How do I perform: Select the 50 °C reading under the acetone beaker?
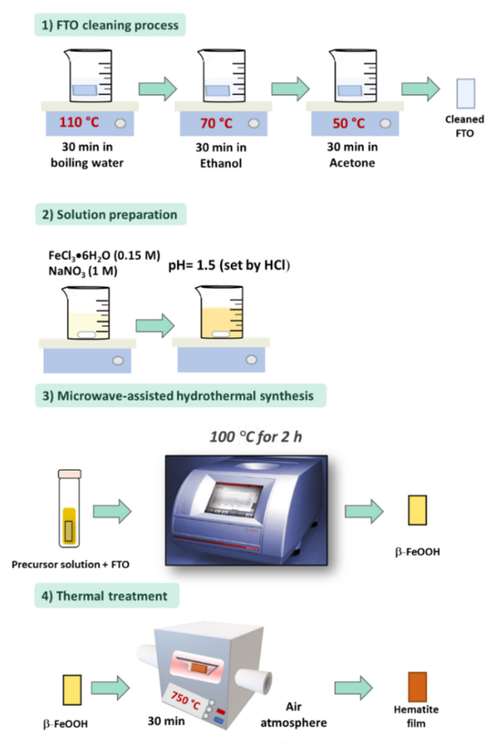(348, 123)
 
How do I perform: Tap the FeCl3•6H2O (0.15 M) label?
(104, 255)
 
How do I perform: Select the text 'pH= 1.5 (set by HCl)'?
(229, 266)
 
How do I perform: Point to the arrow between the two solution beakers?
(155, 326)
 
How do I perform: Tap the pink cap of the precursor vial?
(70, 474)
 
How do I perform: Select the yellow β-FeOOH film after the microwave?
(417, 510)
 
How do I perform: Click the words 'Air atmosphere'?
(293, 715)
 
